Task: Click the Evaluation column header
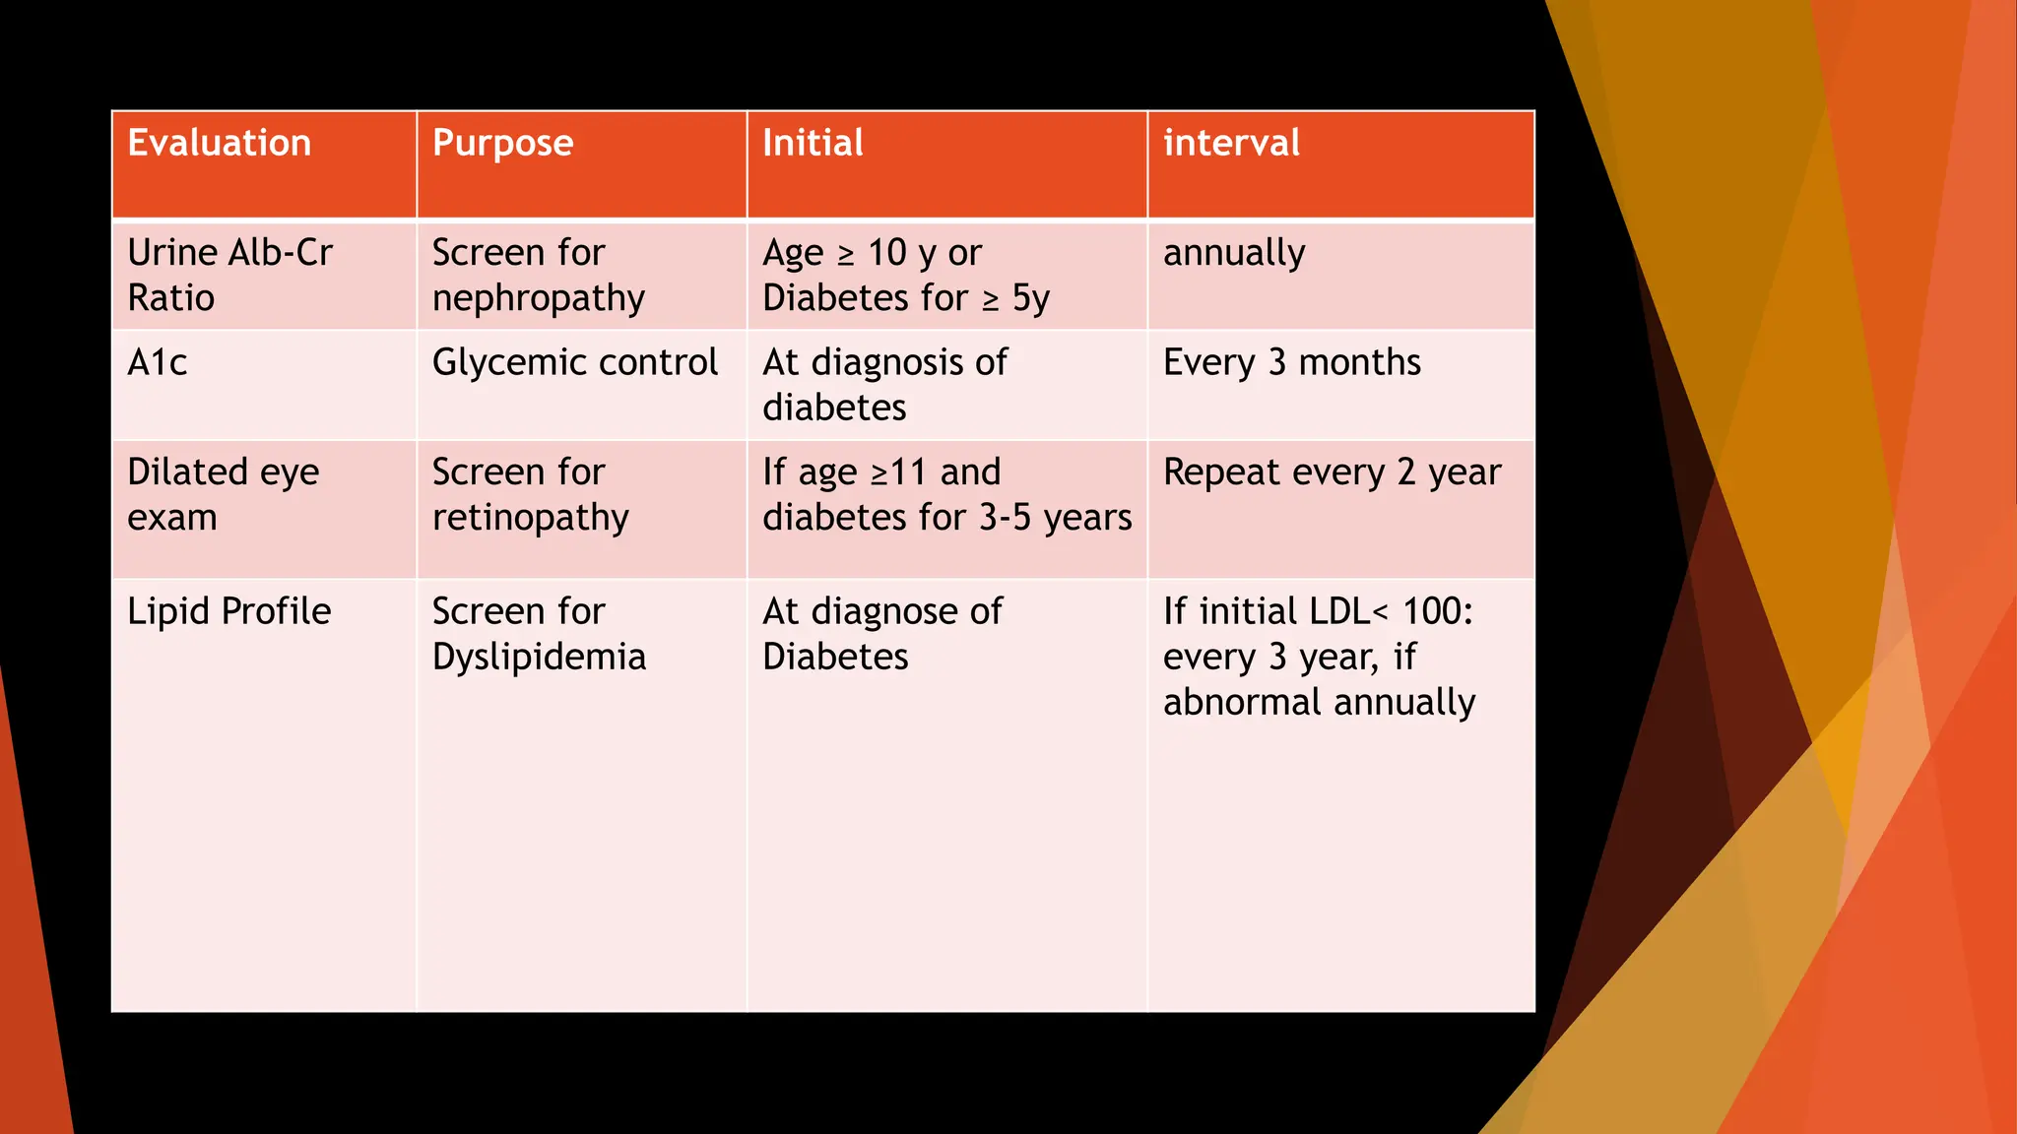pos(220,144)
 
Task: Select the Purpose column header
pos(502,144)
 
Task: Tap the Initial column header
pos(813,144)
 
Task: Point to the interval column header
pos(1231,144)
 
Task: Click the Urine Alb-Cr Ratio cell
pos(229,276)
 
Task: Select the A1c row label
pos(158,363)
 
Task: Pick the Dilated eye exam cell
pos(223,494)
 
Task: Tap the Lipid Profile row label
pos(229,611)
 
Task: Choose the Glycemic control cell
pos(575,363)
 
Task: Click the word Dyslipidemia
pos(539,658)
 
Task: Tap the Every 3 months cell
pos(1292,363)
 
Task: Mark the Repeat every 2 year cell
pos(1332,472)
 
